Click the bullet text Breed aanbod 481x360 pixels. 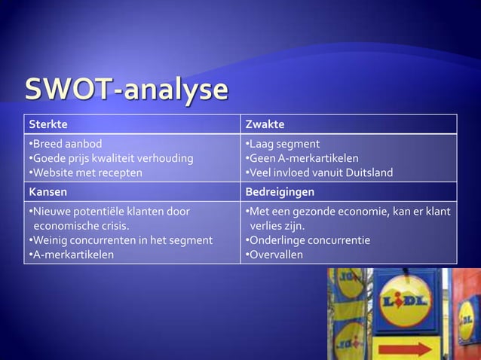65,144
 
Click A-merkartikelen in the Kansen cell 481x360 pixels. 71,255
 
